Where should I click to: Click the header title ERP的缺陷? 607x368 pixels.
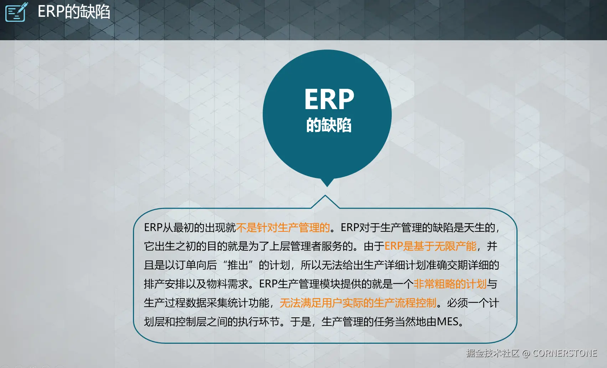[x=74, y=12]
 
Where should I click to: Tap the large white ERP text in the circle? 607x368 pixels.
[x=329, y=99]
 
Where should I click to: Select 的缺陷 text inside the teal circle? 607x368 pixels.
[x=329, y=125]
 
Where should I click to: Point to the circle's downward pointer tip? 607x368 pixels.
[x=327, y=186]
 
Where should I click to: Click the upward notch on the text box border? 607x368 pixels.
[x=325, y=195]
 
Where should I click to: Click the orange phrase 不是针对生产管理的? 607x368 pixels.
[x=283, y=228]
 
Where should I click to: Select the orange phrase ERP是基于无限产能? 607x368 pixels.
[x=430, y=246]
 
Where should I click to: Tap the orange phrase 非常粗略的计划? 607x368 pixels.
[x=450, y=284]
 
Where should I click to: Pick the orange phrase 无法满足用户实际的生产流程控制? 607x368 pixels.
[x=358, y=303]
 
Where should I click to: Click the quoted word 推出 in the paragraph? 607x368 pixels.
[x=238, y=265]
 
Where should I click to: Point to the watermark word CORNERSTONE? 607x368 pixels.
[x=565, y=353]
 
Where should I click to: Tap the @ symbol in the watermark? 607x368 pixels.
[x=526, y=353]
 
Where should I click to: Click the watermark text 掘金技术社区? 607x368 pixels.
[x=493, y=353]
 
